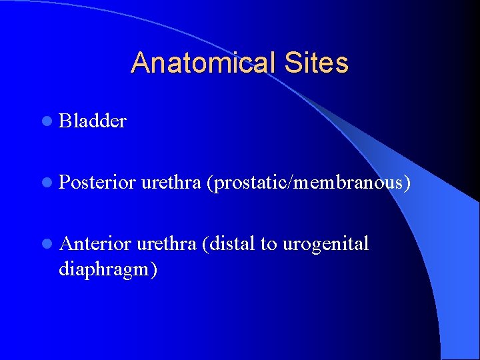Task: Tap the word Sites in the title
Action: click(x=317, y=63)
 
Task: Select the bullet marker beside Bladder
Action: click(x=45, y=121)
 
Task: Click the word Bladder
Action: click(x=93, y=121)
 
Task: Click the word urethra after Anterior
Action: click(x=167, y=244)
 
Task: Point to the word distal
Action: click(x=233, y=244)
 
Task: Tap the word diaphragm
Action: click(x=105, y=269)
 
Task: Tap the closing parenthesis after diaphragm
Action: click(x=154, y=270)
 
